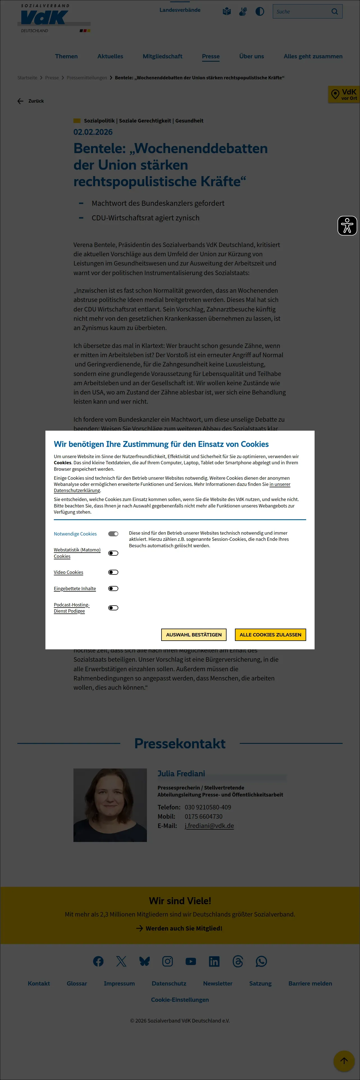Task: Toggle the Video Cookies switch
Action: pos(113,572)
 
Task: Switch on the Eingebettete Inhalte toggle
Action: pos(113,589)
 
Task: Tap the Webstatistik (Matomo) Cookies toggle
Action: pos(113,553)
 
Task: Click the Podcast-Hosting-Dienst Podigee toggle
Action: pos(113,608)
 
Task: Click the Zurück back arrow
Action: pos(20,101)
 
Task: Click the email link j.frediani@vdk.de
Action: pos(209,825)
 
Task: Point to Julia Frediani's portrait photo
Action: pos(110,805)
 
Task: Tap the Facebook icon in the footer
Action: pos(98,961)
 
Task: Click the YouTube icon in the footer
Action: pos(191,961)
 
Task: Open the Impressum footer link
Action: pos(119,984)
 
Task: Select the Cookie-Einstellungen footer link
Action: pos(180,1000)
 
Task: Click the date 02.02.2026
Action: pos(93,132)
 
